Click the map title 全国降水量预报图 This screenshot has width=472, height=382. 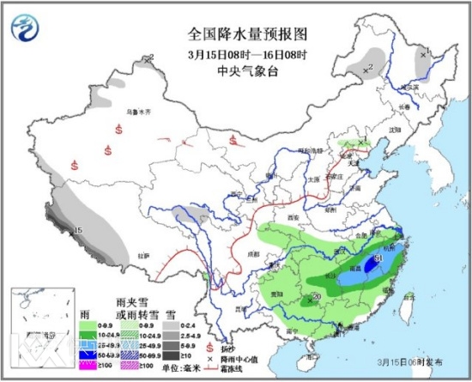pos(235,37)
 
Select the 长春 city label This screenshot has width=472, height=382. pos(403,106)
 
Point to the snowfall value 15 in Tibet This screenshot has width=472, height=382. pos(77,231)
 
